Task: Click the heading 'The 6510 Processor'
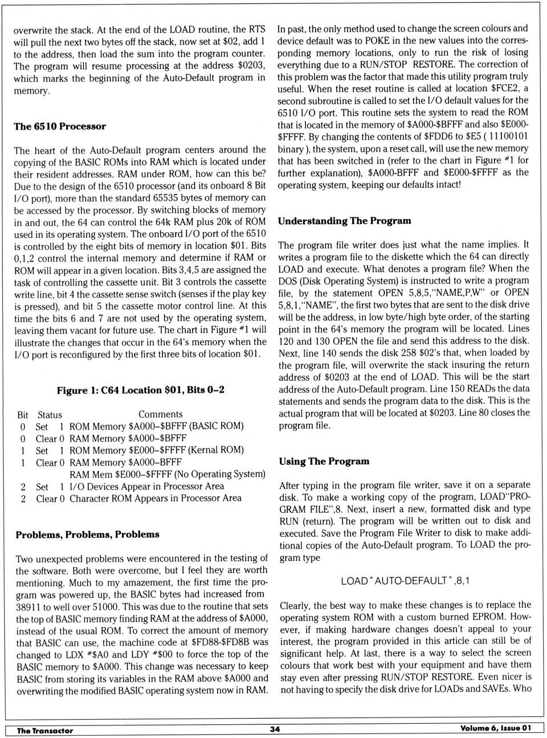[x=60, y=126]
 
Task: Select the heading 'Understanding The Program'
[x=344, y=221]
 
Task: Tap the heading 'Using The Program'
[x=324, y=461]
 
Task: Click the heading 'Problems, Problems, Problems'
[x=87, y=534]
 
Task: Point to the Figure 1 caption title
[x=140, y=390]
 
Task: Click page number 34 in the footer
[x=275, y=729]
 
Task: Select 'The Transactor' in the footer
[x=45, y=731]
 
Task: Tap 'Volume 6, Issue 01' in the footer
[x=495, y=728]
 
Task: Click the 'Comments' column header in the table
[x=160, y=414]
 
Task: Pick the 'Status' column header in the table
[x=50, y=415]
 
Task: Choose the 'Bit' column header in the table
[x=23, y=415]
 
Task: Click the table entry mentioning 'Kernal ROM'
[x=157, y=450]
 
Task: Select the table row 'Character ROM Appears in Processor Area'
[x=155, y=498]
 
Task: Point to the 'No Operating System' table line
[x=167, y=474]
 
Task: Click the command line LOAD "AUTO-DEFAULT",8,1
[x=405, y=581]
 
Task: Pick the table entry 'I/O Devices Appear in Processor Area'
[x=146, y=486]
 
